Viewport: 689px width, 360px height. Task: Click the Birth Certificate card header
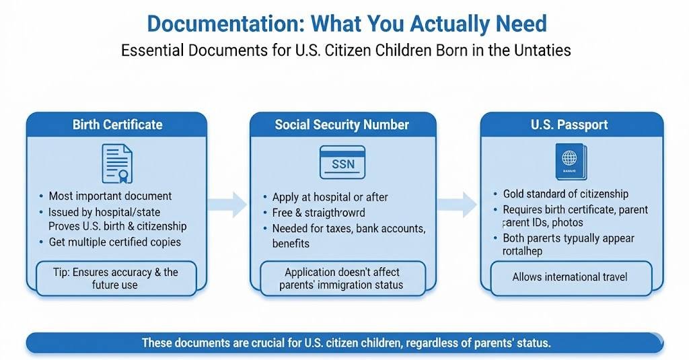117,124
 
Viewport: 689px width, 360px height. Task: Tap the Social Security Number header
342,124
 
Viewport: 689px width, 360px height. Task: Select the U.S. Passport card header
569,124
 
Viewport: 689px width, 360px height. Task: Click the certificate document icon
116,164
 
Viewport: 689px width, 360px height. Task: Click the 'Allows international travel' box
570,277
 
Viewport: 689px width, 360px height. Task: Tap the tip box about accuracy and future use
116,278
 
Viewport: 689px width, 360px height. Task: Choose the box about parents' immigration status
342,278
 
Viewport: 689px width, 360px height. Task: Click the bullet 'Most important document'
110,196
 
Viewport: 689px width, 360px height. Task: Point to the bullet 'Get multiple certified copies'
114,242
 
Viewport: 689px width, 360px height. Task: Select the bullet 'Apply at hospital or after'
330,197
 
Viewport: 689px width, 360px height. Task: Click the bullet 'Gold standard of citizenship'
565,194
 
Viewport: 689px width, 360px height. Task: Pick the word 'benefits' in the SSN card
291,243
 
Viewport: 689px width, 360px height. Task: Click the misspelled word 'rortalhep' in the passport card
523,251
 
